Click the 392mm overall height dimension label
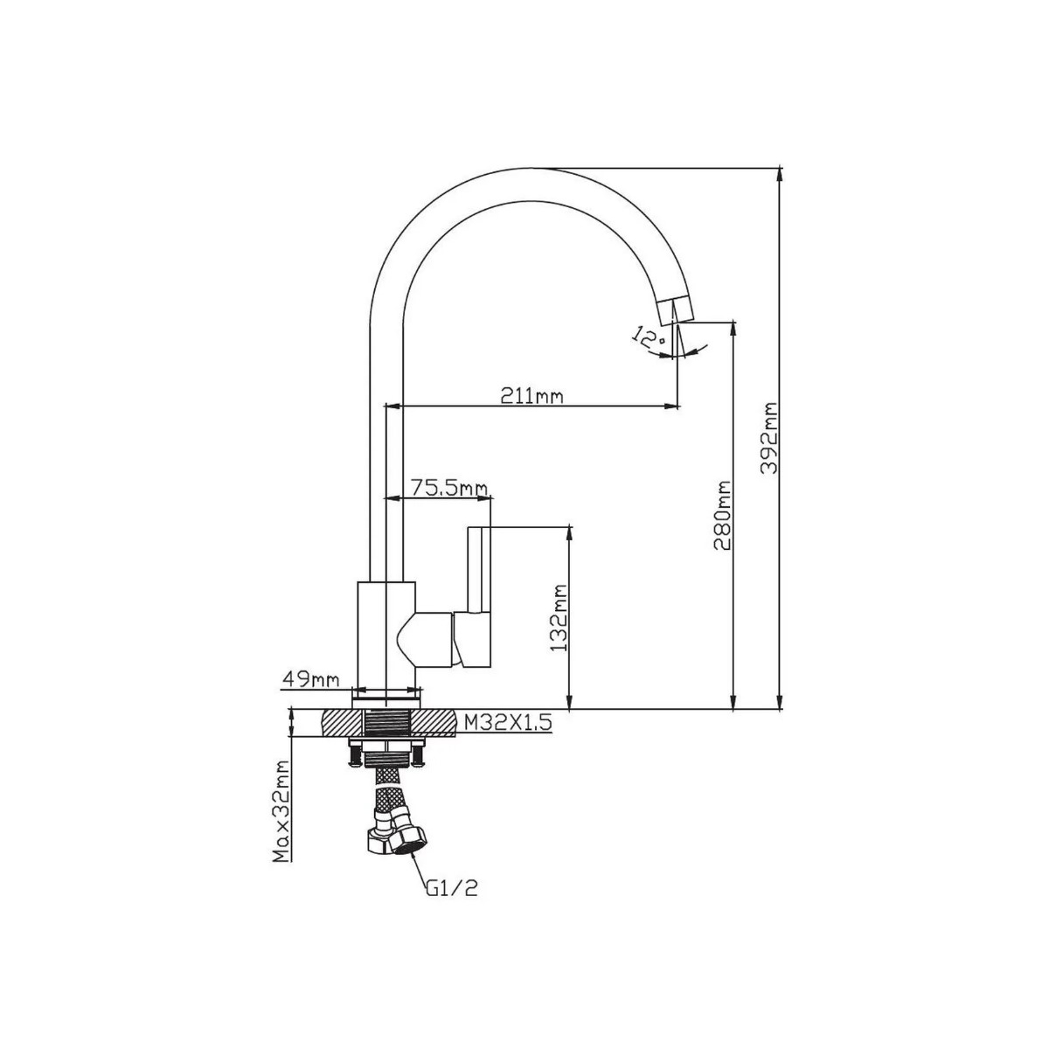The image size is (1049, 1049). pos(768,438)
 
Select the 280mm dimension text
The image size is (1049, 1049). pos(722,516)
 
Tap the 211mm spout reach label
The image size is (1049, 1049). pos(531,395)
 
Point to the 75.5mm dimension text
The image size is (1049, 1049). pos(448,488)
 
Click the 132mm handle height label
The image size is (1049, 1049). pos(559,617)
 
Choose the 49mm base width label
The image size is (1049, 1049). pos(310,679)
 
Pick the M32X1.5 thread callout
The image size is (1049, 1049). pos(508,723)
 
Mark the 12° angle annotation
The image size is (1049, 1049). pos(649,338)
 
